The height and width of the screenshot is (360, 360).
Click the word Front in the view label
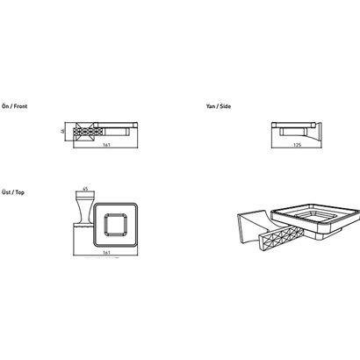(20, 106)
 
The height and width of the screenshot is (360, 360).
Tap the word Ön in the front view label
(5, 106)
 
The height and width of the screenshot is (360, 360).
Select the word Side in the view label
(225, 106)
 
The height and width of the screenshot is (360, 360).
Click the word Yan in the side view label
(210, 106)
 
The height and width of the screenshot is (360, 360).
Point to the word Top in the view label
(20, 192)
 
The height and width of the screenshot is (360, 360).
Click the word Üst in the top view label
(6, 192)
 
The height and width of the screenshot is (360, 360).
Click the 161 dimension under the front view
(106, 145)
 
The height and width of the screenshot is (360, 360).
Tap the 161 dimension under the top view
(106, 253)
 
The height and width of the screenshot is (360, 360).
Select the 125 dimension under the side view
(297, 145)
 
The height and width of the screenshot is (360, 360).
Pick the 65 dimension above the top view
(85, 189)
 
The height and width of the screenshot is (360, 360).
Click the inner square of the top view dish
(116, 224)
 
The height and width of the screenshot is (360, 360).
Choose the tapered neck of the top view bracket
(84, 211)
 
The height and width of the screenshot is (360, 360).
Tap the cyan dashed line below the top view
(102, 258)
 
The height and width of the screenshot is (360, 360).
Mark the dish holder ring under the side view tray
(293, 132)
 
